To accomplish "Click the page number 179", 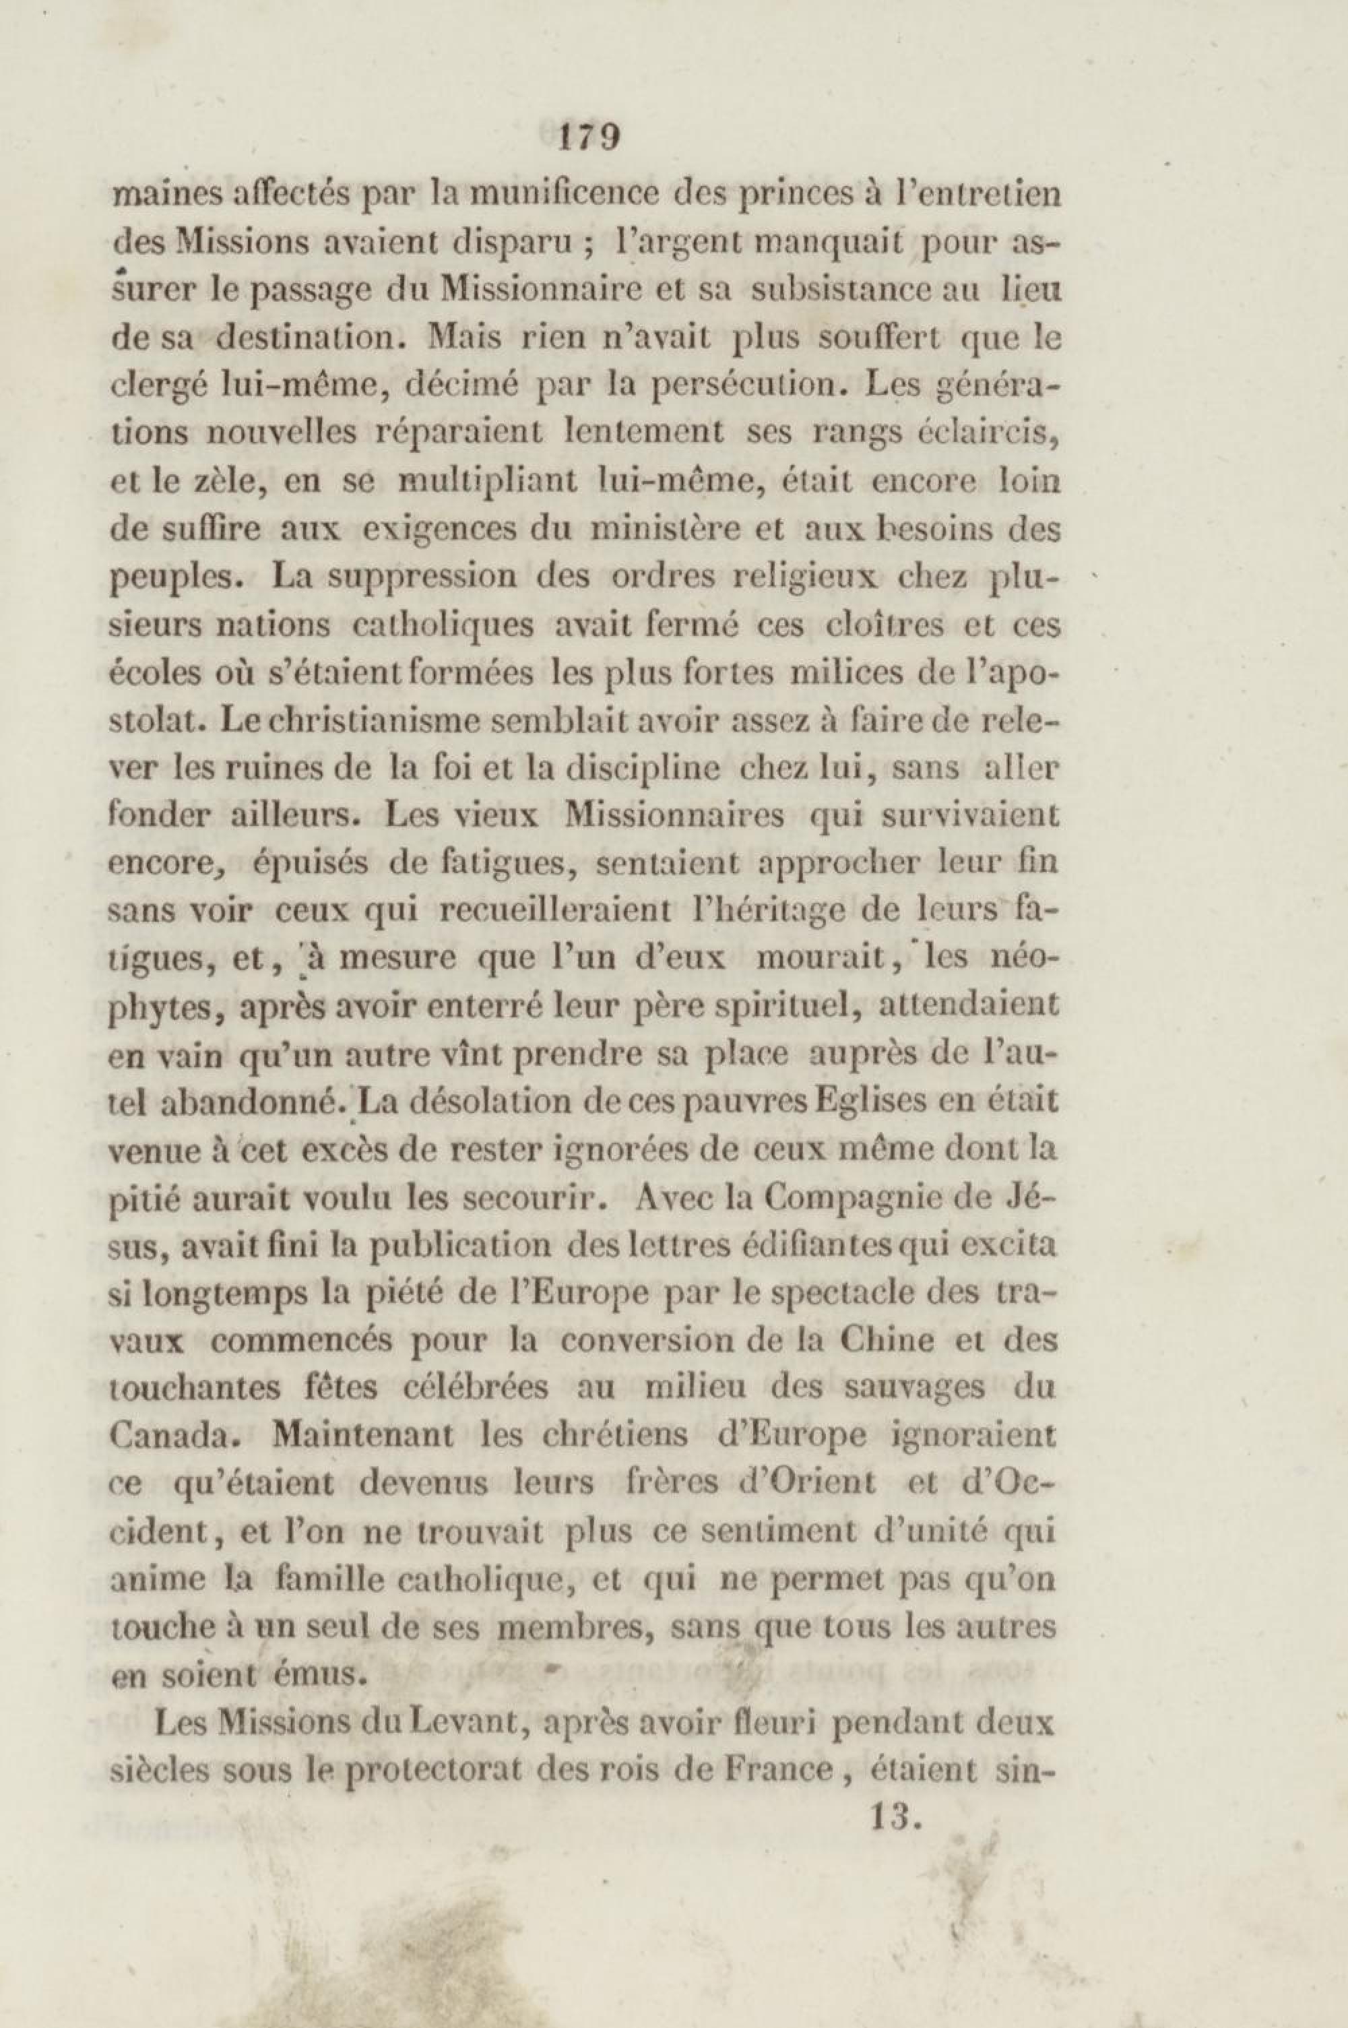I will [589, 137].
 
